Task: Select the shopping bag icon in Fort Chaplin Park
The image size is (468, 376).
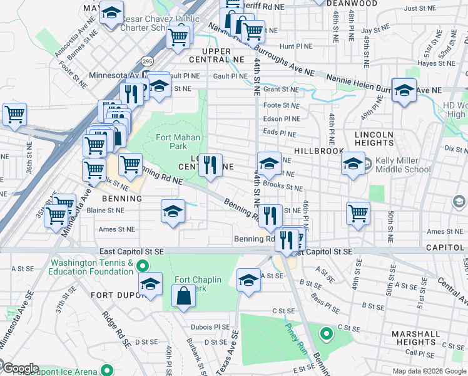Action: [183, 297]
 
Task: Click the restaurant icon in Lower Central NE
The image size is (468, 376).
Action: [211, 165]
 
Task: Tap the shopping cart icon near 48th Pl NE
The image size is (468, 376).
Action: [358, 213]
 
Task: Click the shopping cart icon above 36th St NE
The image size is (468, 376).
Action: [14, 115]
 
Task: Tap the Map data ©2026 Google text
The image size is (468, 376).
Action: [429, 371]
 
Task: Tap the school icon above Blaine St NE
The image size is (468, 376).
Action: [173, 211]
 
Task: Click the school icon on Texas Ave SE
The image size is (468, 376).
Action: [248, 279]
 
